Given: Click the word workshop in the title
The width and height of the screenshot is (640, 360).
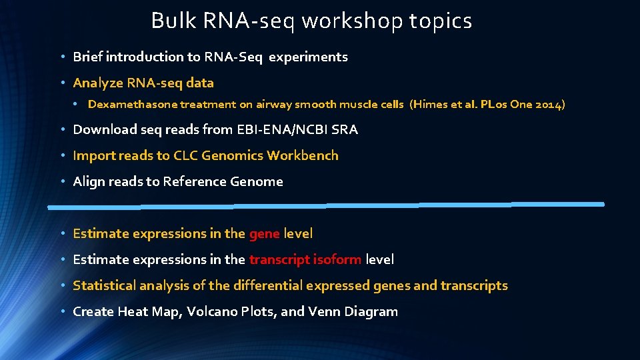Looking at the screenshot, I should coord(351,21).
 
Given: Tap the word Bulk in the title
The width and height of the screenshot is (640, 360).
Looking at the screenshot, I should coord(166,21).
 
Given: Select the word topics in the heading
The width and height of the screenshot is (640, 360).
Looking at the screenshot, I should coord(441,21).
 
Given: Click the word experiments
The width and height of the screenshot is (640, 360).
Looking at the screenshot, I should coord(308,57).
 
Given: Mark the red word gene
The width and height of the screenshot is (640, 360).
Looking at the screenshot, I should coord(264,234).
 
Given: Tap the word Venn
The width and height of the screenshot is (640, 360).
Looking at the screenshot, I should coord(324,312).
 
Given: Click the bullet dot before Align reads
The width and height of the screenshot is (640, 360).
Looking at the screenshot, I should coord(61,182).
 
